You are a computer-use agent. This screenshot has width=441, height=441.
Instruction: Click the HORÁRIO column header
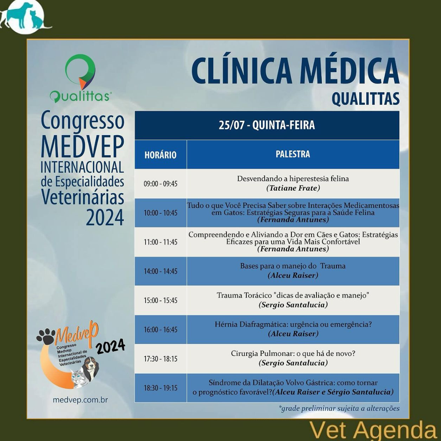coord(160,155)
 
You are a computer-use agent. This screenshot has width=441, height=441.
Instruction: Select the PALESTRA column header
coord(293,154)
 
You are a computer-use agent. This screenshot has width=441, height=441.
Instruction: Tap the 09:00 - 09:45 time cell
coord(160,184)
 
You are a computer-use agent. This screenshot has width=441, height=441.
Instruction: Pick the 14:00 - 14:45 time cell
coord(160,271)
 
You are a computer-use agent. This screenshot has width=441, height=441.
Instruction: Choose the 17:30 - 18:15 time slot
coord(160,358)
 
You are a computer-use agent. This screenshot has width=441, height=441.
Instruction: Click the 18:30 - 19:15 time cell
coord(160,388)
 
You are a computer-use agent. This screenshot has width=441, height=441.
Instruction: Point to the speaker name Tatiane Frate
coord(293,188)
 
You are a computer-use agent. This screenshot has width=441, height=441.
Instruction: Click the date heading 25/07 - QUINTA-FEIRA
coord(267,125)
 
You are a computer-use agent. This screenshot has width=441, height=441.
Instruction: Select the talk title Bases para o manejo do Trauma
coord(293,266)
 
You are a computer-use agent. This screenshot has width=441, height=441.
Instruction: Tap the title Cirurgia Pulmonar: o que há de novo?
coord(293,353)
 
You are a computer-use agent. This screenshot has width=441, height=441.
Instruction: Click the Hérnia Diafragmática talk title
coord(293,324)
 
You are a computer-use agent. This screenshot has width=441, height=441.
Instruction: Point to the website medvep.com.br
coord(80,399)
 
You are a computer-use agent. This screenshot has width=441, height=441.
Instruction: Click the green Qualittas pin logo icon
coord(81,72)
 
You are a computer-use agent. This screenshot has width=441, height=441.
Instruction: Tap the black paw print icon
coord(46,336)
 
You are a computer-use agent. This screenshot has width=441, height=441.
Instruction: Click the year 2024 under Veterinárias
coord(105,217)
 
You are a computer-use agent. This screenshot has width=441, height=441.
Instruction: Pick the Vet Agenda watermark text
coord(373,431)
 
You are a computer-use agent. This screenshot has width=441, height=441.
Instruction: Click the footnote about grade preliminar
coord(339,409)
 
